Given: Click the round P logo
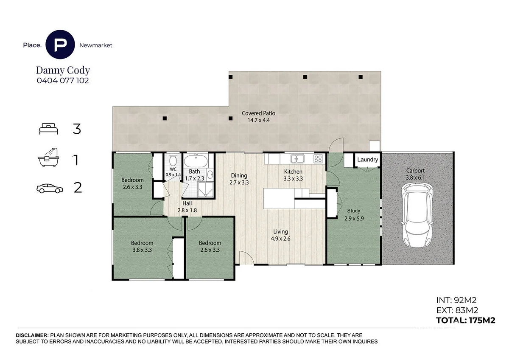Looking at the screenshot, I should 61,45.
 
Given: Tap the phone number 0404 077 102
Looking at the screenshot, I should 62,80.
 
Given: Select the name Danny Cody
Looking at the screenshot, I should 62,70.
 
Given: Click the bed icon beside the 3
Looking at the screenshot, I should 48,129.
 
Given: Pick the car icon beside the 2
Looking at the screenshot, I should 49,188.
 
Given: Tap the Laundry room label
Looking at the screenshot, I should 367,160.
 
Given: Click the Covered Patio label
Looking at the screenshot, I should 258,116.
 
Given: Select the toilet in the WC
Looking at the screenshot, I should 173,162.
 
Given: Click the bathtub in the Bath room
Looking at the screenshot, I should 196,162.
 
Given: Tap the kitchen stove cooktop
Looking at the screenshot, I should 318,159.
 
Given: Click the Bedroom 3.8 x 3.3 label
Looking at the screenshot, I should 141,246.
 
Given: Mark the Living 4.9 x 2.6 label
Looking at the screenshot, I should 280,235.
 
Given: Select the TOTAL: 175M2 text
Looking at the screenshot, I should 465,321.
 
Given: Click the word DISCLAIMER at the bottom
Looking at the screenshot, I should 32,335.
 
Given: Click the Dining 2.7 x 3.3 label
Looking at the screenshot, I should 239,179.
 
